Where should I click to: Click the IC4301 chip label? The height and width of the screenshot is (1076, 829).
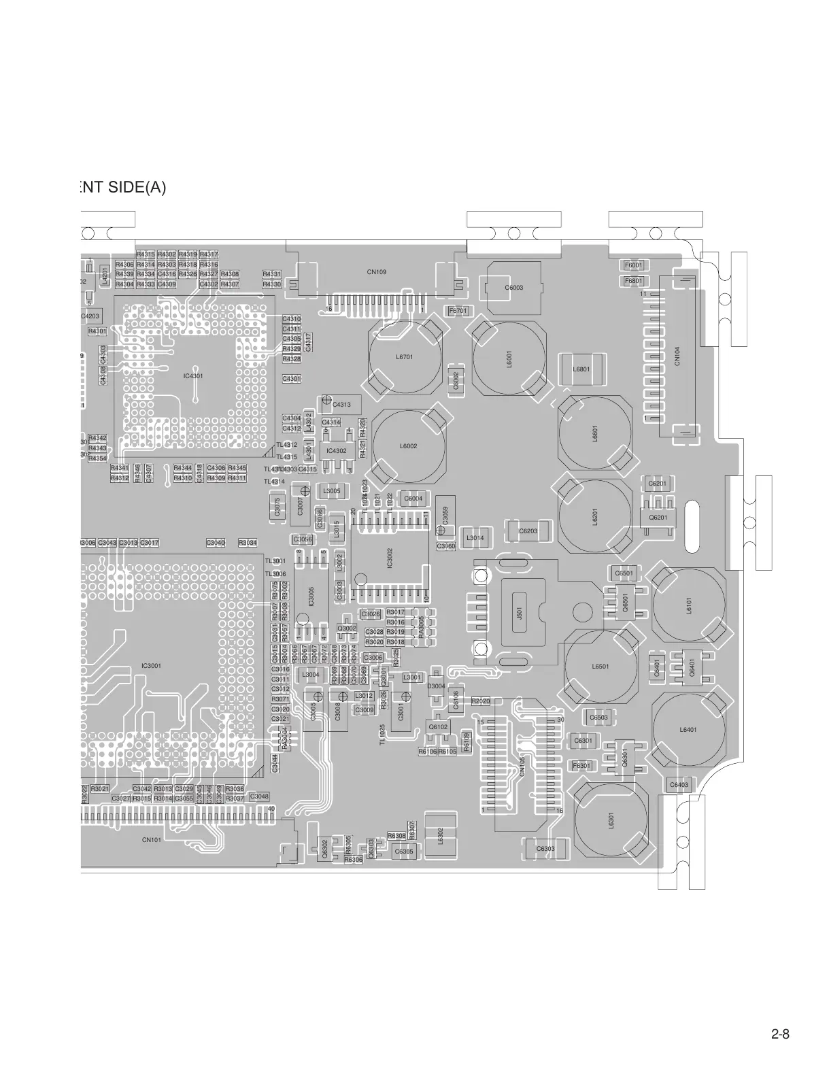pyautogui.click(x=193, y=375)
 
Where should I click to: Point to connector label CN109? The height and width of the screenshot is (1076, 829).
pyautogui.click(x=377, y=272)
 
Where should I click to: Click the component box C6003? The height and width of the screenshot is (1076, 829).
pyautogui.click(x=513, y=288)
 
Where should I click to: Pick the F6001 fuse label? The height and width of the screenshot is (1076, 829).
pyautogui.click(x=633, y=265)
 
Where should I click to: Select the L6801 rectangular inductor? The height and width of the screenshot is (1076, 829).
pyautogui.click(x=581, y=369)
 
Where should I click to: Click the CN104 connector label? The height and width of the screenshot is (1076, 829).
pyautogui.click(x=677, y=356)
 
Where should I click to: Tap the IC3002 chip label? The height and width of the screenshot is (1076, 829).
pyautogui.click(x=390, y=558)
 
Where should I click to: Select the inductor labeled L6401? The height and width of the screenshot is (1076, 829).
pyautogui.click(x=688, y=730)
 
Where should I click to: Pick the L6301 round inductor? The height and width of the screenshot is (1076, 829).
pyautogui.click(x=611, y=820)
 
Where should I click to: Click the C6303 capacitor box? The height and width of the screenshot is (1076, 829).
pyautogui.click(x=545, y=849)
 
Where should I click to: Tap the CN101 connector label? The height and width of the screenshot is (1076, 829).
pyautogui.click(x=151, y=840)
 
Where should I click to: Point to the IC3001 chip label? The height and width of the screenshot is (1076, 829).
pyautogui.click(x=151, y=666)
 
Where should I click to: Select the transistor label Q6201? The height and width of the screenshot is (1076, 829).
pyautogui.click(x=658, y=518)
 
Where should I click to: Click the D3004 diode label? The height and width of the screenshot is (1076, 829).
pyautogui.click(x=436, y=686)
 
